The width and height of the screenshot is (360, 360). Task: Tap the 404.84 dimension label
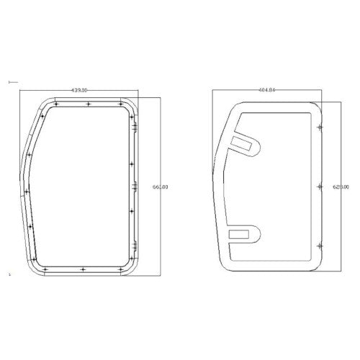pyautogui.click(x=266, y=91)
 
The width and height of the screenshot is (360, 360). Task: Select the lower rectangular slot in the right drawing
pyautogui.click(x=238, y=233)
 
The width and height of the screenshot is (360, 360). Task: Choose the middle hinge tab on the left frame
pyautogui.click(x=135, y=186)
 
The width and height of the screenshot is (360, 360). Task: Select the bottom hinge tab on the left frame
pyautogui.click(x=135, y=248)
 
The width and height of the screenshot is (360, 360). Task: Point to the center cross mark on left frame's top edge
pyautogui.click(x=88, y=105)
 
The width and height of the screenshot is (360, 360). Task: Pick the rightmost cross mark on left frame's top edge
pyautogui.click(x=120, y=105)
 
